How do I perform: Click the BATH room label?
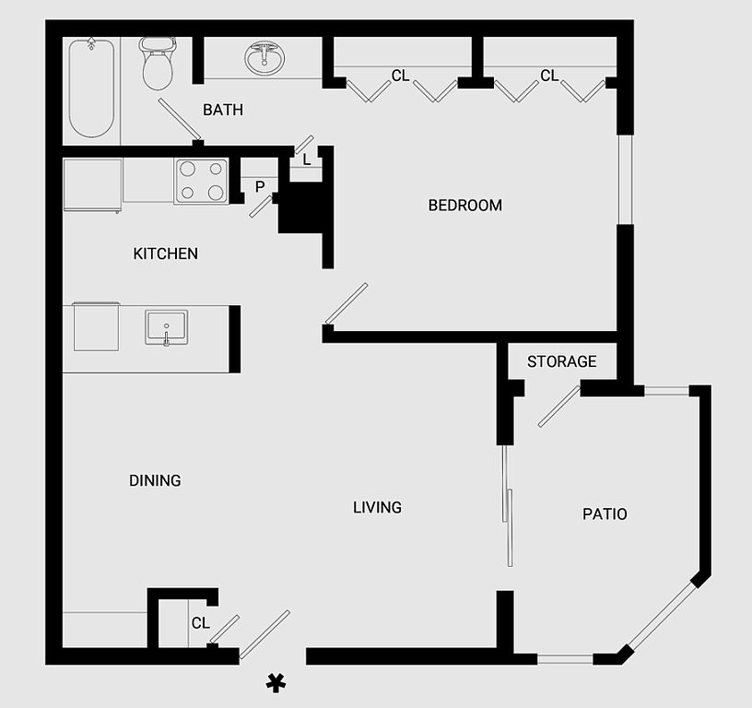point(223,111)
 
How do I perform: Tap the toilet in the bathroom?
point(158,63)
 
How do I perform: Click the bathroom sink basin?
point(264,58)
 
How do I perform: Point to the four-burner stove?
point(202,181)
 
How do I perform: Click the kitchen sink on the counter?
point(166,327)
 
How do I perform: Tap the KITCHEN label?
point(166,254)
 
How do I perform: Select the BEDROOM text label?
point(465,206)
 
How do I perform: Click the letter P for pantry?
point(260,187)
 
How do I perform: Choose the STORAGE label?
point(562,362)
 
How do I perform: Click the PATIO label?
point(605,513)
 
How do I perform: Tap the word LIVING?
point(378,507)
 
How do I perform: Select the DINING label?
point(155,480)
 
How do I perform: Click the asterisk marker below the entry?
point(274,682)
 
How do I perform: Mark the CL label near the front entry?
point(201,623)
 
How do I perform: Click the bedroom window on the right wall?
point(625,180)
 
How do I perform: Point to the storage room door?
point(558,407)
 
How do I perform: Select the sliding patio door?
point(507,507)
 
